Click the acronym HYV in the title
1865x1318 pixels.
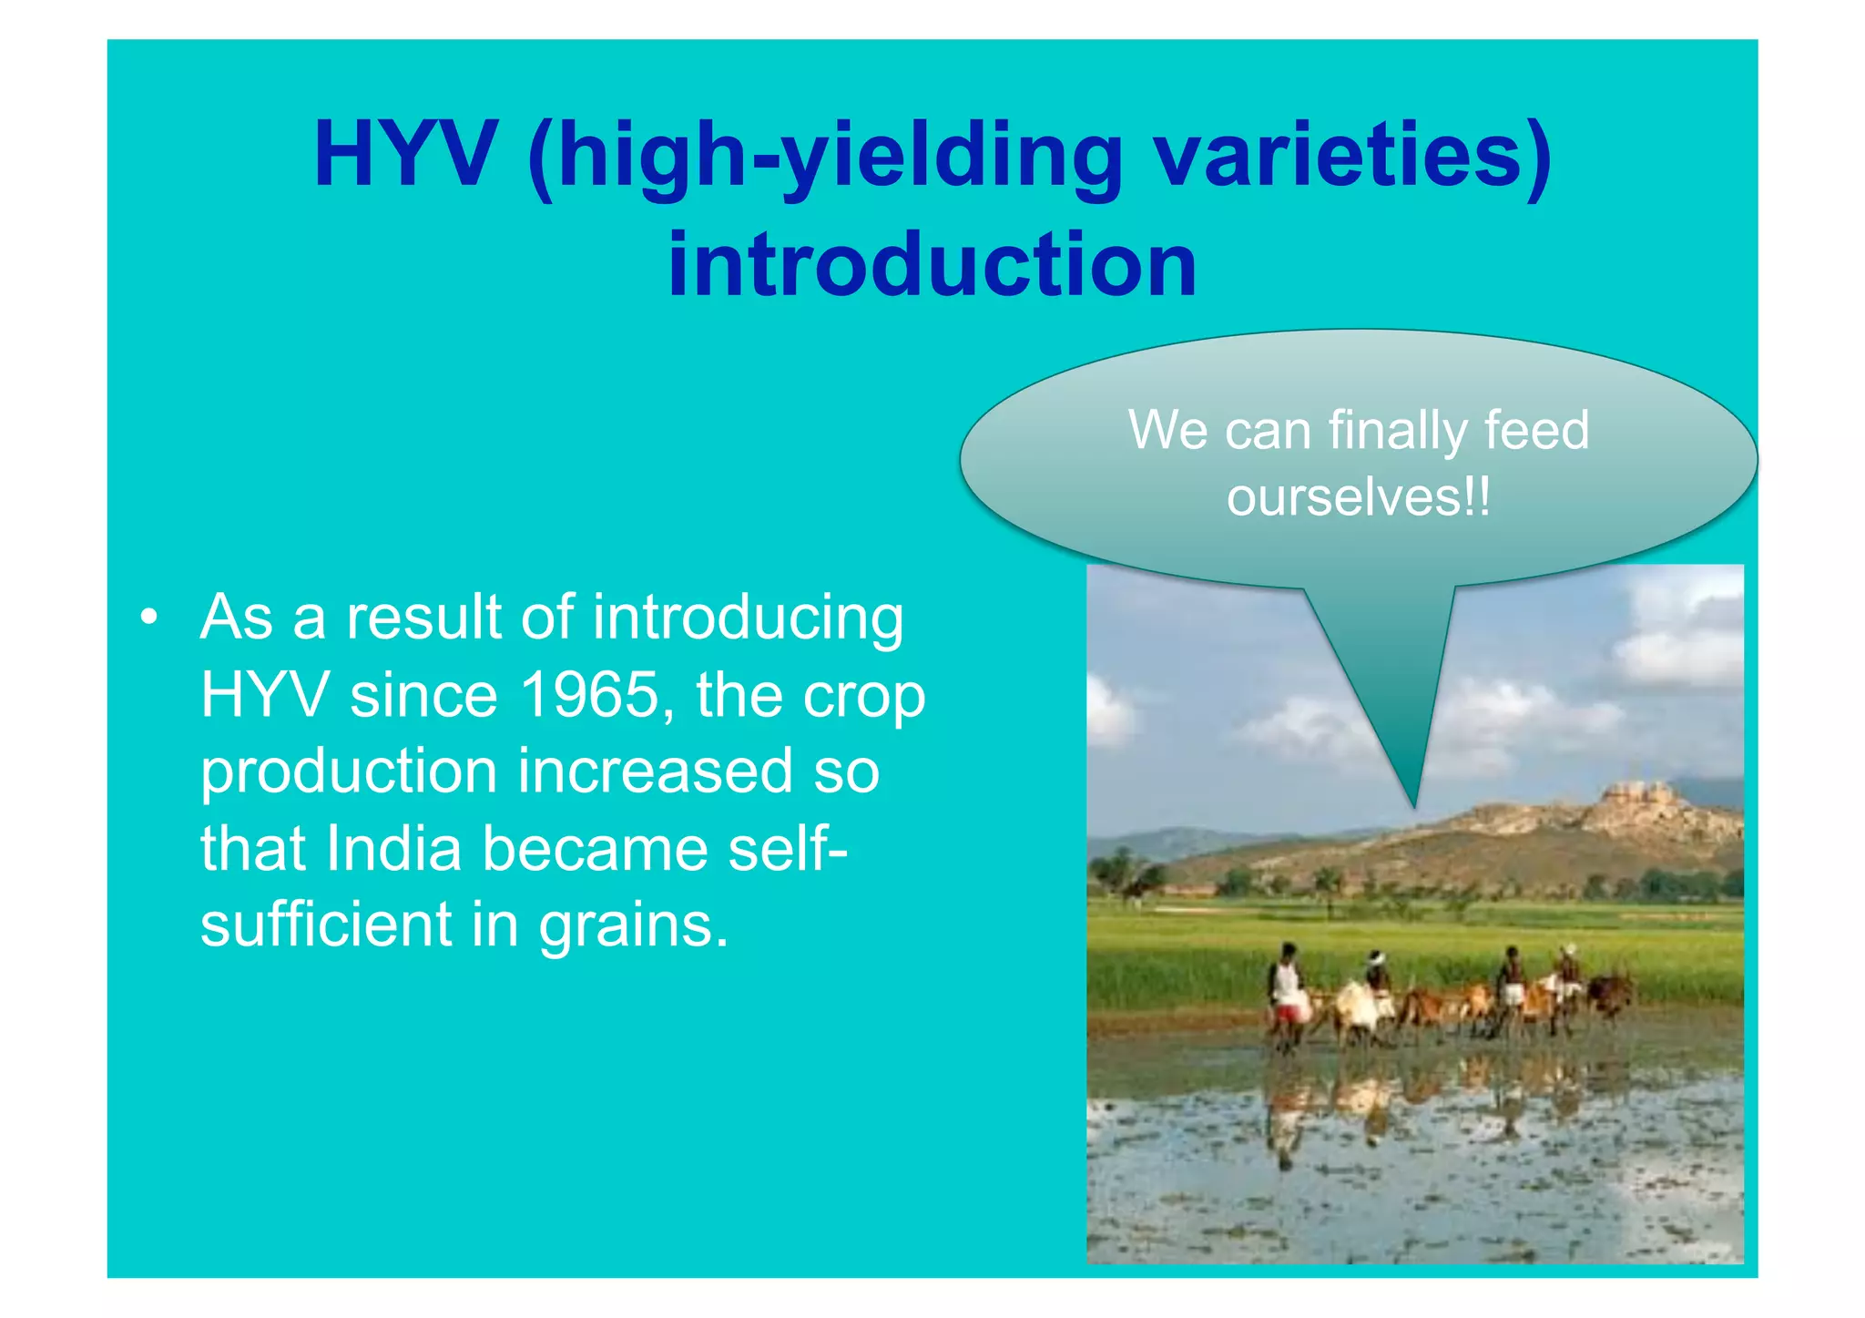click(x=405, y=155)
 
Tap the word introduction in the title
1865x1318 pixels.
click(x=932, y=264)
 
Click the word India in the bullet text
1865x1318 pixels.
click(x=393, y=848)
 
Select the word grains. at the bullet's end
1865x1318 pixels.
click(x=634, y=925)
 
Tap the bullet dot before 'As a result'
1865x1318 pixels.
click(x=149, y=618)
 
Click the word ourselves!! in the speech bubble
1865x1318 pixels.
click(x=1359, y=497)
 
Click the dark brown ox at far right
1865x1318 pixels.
click(x=1610, y=993)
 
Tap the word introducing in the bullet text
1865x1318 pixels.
click(x=748, y=618)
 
